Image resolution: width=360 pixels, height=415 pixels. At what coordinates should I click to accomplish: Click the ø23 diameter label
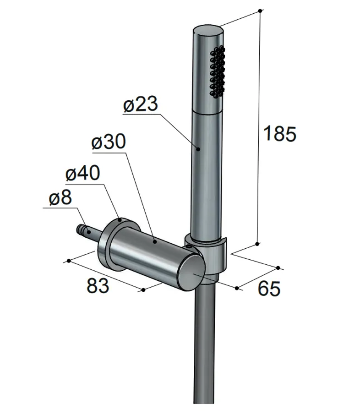pyautogui.click(x=141, y=104)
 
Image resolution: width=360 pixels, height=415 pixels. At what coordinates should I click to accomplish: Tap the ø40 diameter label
pyautogui.click(x=83, y=173)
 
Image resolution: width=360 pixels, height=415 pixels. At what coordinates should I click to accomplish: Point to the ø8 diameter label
pyautogui.click(x=60, y=197)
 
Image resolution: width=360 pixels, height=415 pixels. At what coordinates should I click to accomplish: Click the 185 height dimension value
pyautogui.click(x=280, y=133)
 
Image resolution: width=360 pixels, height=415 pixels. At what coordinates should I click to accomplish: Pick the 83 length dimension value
pyautogui.click(x=98, y=285)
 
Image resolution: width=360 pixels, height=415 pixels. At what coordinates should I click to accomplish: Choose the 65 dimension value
pyautogui.click(x=269, y=288)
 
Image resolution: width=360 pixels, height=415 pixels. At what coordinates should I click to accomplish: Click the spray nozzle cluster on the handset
pyautogui.click(x=218, y=72)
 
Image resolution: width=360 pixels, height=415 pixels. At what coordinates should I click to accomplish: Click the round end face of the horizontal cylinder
pyautogui.click(x=191, y=274)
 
